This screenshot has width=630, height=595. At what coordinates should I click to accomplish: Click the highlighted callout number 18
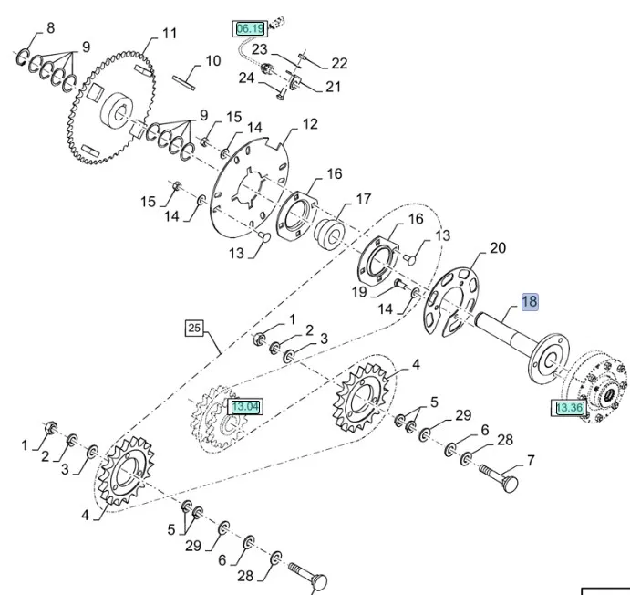(530, 302)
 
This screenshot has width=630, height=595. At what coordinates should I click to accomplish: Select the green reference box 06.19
(249, 29)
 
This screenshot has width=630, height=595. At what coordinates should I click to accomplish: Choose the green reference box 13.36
(569, 408)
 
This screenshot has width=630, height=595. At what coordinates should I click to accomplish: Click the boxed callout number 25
(193, 327)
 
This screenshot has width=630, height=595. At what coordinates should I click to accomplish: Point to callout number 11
(170, 34)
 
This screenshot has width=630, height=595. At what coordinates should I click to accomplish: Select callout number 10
(212, 61)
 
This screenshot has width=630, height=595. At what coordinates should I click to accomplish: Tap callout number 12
(310, 123)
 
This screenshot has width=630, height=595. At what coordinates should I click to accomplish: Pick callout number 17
(363, 198)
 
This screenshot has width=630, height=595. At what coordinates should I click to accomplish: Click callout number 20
(498, 247)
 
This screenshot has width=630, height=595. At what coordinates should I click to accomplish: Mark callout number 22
(339, 63)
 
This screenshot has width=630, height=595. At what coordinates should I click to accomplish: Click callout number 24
(246, 78)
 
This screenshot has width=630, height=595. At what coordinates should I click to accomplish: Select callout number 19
(359, 293)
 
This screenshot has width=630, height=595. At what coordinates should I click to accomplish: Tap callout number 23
(260, 49)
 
